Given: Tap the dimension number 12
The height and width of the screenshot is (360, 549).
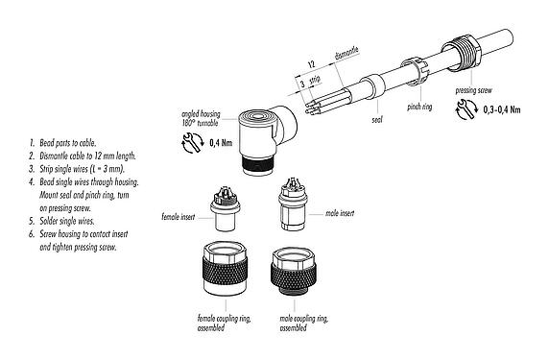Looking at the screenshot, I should click(313, 62).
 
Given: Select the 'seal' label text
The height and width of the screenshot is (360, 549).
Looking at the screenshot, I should click(378, 121).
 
